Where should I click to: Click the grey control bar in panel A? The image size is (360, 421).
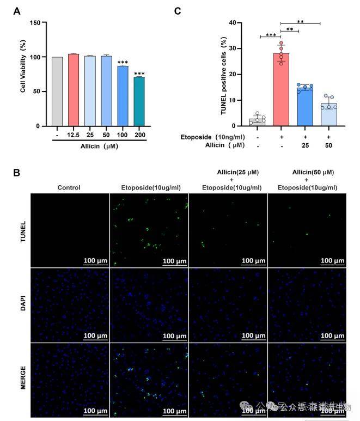click(57, 91)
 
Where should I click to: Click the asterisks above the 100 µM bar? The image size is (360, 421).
click(123, 62)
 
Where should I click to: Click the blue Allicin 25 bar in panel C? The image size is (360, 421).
click(305, 106)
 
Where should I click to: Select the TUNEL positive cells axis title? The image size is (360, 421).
click(224, 75)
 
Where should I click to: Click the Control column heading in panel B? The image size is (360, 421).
click(69, 187)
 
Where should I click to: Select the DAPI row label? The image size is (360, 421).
click(22, 303)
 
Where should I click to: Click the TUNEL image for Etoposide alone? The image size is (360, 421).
click(149, 230)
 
